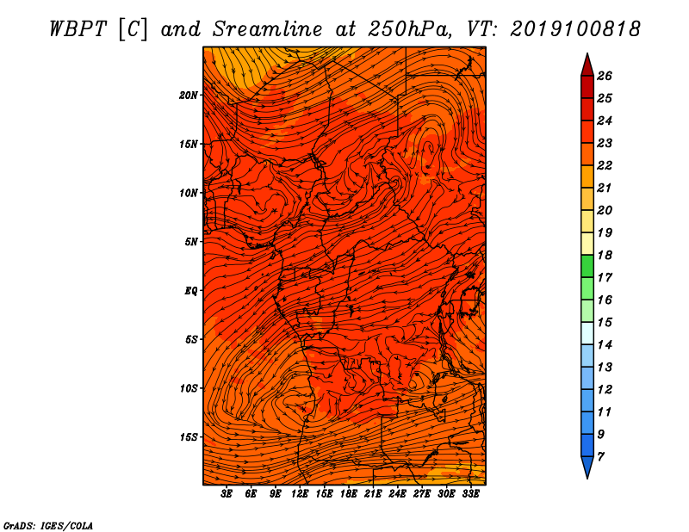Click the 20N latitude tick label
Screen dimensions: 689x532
coord(188,96)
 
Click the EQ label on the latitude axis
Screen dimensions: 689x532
coord(190,291)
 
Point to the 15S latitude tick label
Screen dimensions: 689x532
coord(188,437)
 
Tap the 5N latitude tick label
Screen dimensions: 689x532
coord(190,242)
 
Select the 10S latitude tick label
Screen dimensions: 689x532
coord(188,388)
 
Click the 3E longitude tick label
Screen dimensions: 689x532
coord(227,494)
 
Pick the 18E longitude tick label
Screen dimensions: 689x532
coord(349,494)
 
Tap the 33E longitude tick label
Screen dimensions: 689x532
coord(470,494)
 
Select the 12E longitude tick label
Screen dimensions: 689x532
coord(300,494)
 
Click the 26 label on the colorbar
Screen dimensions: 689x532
coord(605,76)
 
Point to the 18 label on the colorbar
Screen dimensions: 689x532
coord(605,255)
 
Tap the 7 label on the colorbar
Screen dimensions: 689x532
coord(600,457)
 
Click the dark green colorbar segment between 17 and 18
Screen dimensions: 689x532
coord(587,266)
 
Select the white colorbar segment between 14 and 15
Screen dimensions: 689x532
coord(587,333)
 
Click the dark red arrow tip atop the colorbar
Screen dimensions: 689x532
coord(587,65)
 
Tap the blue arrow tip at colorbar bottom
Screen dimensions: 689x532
coord(587,467)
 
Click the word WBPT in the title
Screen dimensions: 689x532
coord(78,29)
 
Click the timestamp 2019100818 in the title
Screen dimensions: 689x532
coord(575,29)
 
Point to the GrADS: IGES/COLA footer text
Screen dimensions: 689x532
coord(48,525)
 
